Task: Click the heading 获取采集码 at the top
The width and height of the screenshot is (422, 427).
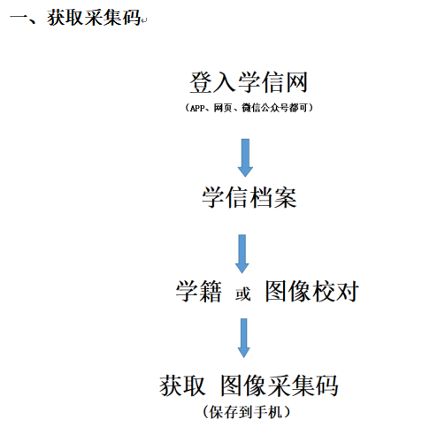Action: coord(94,18)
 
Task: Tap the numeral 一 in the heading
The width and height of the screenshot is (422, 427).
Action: coord(19,17)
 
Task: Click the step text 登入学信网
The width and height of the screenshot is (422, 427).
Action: coord(249,82)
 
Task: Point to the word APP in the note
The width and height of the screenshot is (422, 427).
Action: coord(197,108)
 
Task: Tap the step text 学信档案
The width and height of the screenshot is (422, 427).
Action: coord(249,197)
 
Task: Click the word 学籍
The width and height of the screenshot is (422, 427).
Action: coord(198,291)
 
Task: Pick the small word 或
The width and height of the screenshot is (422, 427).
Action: coord(242,294)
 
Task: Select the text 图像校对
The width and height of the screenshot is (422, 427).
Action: coord(312,291)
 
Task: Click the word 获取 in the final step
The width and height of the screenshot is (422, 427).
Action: coord(182,385)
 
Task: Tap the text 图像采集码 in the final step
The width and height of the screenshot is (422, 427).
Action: coord(280,385)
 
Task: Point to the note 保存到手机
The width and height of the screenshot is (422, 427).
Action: coord(246,412)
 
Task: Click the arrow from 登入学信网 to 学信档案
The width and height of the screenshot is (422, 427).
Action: coord(245,157)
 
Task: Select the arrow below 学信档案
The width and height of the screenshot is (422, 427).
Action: coord(242,254)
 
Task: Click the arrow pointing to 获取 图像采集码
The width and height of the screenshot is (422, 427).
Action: coord(243,338)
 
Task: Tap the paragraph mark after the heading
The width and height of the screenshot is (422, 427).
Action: coord(144,21)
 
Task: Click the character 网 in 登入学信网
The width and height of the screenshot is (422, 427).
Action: coord(296,82)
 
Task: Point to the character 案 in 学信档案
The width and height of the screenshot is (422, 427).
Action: coord(285,197)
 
